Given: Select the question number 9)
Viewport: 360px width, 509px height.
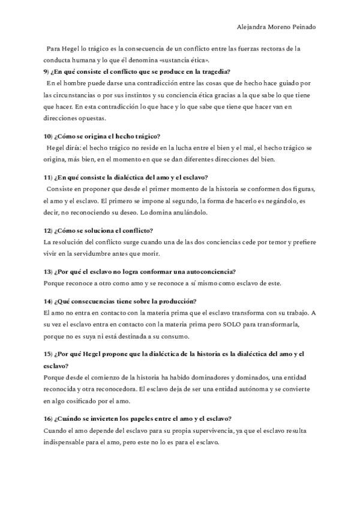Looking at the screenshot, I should coord(47,72).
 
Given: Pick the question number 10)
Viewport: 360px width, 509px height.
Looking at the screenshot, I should coord(49,136).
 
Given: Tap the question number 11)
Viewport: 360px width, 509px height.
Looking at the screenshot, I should coord(49,177).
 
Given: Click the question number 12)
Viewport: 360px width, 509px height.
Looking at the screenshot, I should coord(49,230).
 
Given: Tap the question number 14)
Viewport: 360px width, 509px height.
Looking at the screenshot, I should coord(49,301).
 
